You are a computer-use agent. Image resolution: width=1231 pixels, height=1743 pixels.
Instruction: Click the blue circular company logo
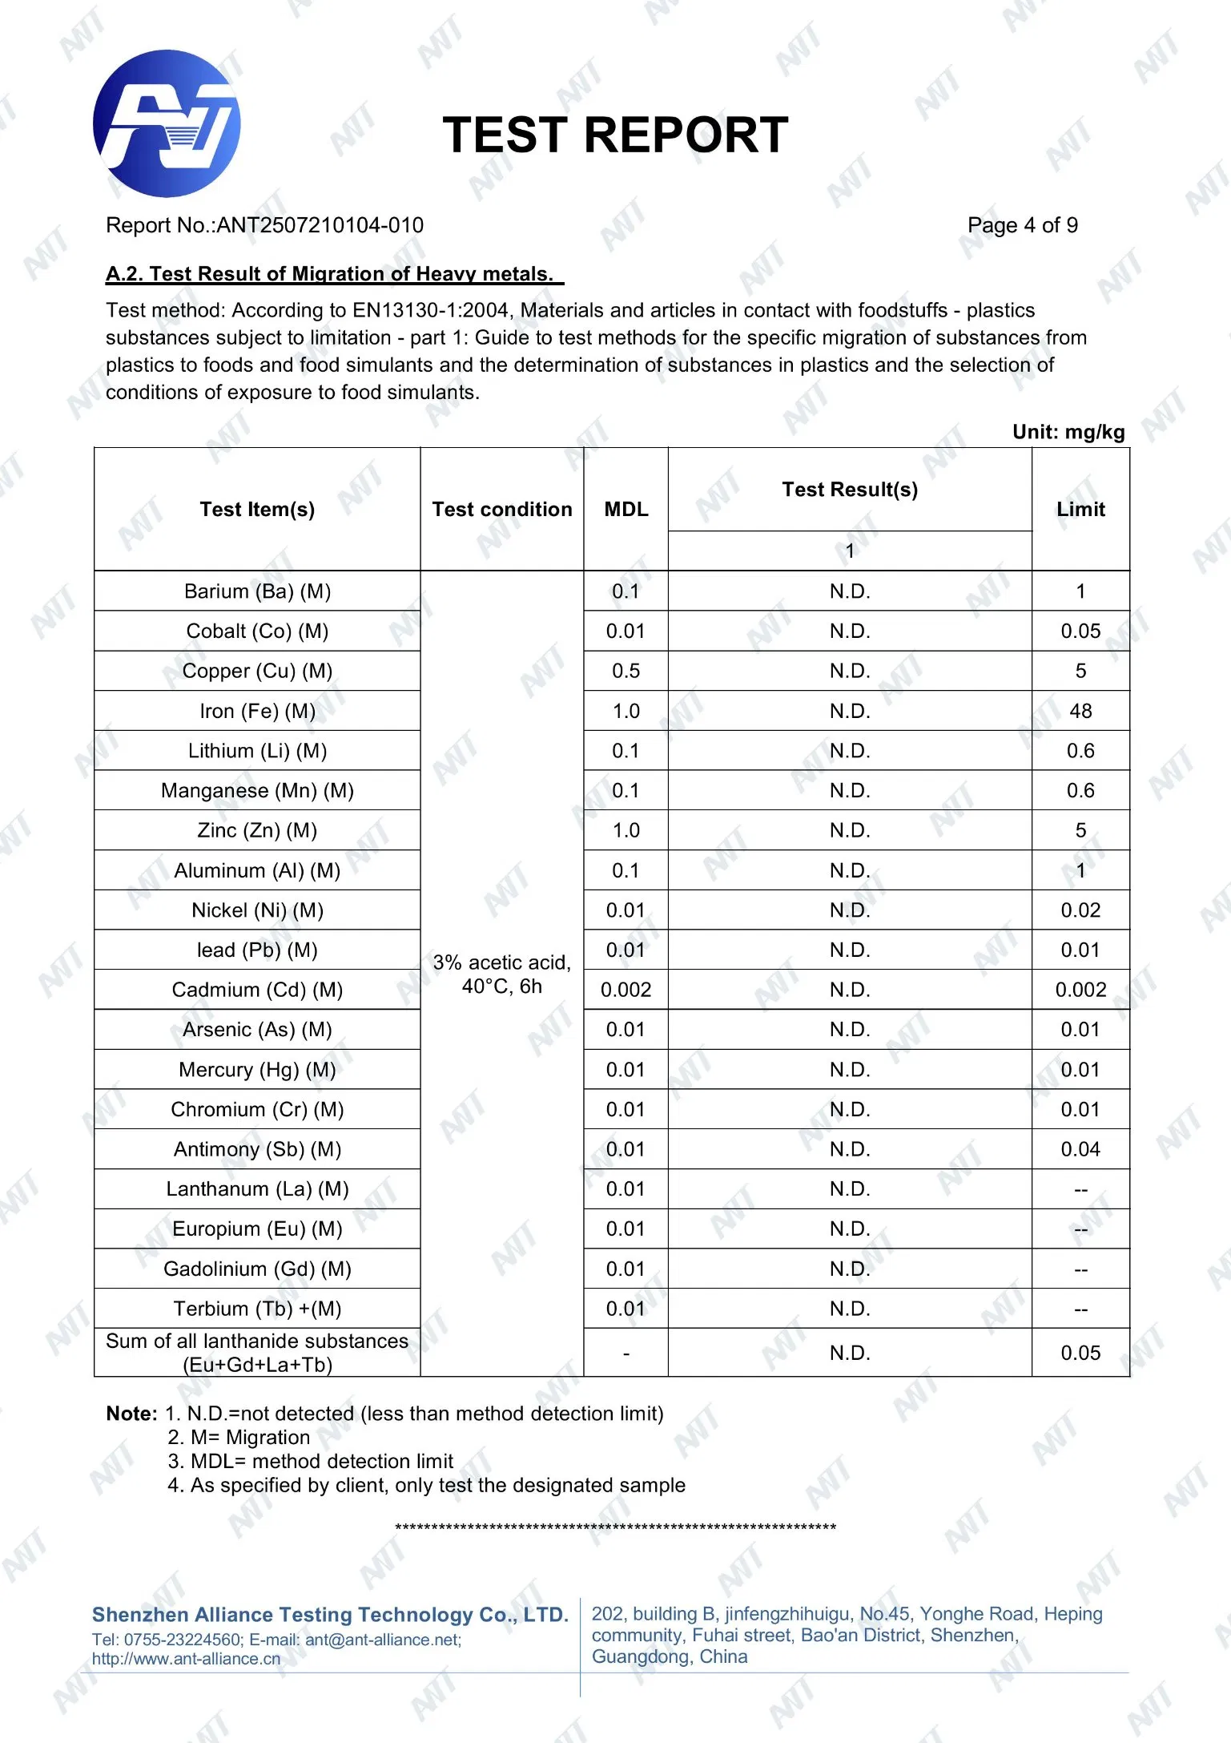(x=167, y=123)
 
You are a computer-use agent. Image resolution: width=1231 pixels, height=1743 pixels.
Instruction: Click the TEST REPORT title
(x=615, y=135)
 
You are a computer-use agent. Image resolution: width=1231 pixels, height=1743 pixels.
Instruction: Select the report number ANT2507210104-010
(x=320, y=225)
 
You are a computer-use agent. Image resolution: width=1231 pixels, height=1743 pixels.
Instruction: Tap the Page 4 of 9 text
(x=1022, y=225)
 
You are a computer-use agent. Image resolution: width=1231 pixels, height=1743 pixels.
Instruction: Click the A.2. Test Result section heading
(x=334, y=274)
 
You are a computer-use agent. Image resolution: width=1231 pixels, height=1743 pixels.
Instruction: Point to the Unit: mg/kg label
(x=1068, y=432)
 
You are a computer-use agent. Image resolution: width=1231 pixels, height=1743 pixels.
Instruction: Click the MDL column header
(x=626, y=510)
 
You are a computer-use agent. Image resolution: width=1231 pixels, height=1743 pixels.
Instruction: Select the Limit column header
(x=1080, y=510)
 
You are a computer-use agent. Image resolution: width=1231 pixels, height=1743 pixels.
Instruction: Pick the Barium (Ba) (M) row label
(x=257, y=591)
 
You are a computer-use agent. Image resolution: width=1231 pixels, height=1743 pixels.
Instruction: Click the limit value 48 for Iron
(x=1080, y=711)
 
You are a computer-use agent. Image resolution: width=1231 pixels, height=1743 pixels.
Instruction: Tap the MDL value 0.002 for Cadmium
(x=626, y=990)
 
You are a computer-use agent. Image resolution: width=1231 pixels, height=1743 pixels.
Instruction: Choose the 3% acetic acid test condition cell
(x=501, y=974)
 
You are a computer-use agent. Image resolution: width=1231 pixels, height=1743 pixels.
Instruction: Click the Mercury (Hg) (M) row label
(x=257, y=1070)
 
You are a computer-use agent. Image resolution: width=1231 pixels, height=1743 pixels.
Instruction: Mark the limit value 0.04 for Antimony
(x=1080, y=1149)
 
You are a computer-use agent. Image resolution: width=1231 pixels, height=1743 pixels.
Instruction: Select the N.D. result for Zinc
(x=849, y=830)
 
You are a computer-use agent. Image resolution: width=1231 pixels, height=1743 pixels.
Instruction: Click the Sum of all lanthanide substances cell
(x=257, y=1353)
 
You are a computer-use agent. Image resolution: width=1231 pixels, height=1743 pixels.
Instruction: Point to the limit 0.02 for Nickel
(x=1080, y=910)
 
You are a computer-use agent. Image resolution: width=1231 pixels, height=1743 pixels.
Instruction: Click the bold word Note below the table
(x=131, y=1414)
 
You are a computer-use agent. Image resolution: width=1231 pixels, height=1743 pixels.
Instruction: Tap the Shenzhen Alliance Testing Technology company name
(x=329, y=1614)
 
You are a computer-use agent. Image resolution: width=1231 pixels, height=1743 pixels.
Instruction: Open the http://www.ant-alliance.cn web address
(x=186, y=1659)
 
